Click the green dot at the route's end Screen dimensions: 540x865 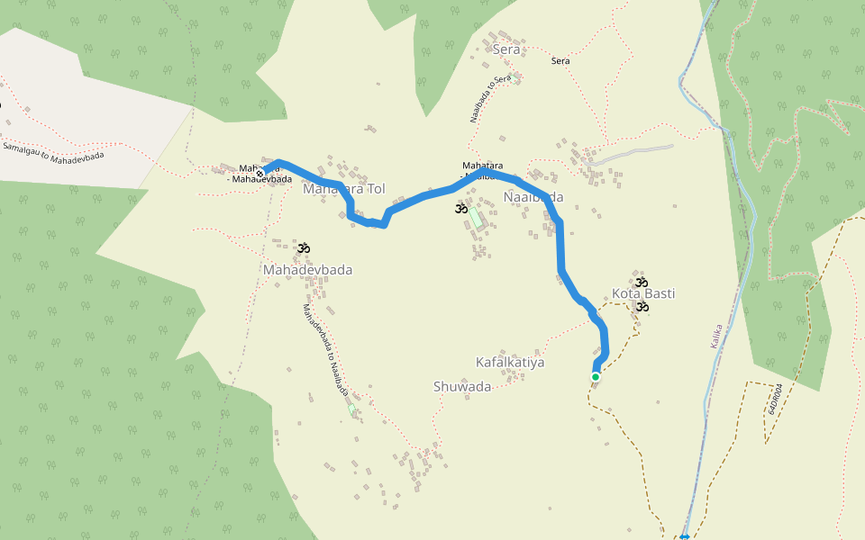596,377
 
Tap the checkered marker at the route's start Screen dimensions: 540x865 259,174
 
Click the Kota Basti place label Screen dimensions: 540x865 643,293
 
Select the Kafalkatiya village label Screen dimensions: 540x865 510,362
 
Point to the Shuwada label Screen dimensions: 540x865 462,387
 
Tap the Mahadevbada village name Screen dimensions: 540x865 307,269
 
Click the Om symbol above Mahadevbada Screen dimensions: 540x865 304,247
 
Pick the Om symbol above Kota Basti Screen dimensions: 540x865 641,282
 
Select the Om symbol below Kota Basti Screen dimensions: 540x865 642,307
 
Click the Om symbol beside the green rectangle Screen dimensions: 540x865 460,210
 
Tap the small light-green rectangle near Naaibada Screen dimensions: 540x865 475,217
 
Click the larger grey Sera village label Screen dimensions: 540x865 506,49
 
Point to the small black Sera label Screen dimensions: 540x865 560,60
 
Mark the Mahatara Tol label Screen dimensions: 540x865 344,189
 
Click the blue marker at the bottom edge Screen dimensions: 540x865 685,536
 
